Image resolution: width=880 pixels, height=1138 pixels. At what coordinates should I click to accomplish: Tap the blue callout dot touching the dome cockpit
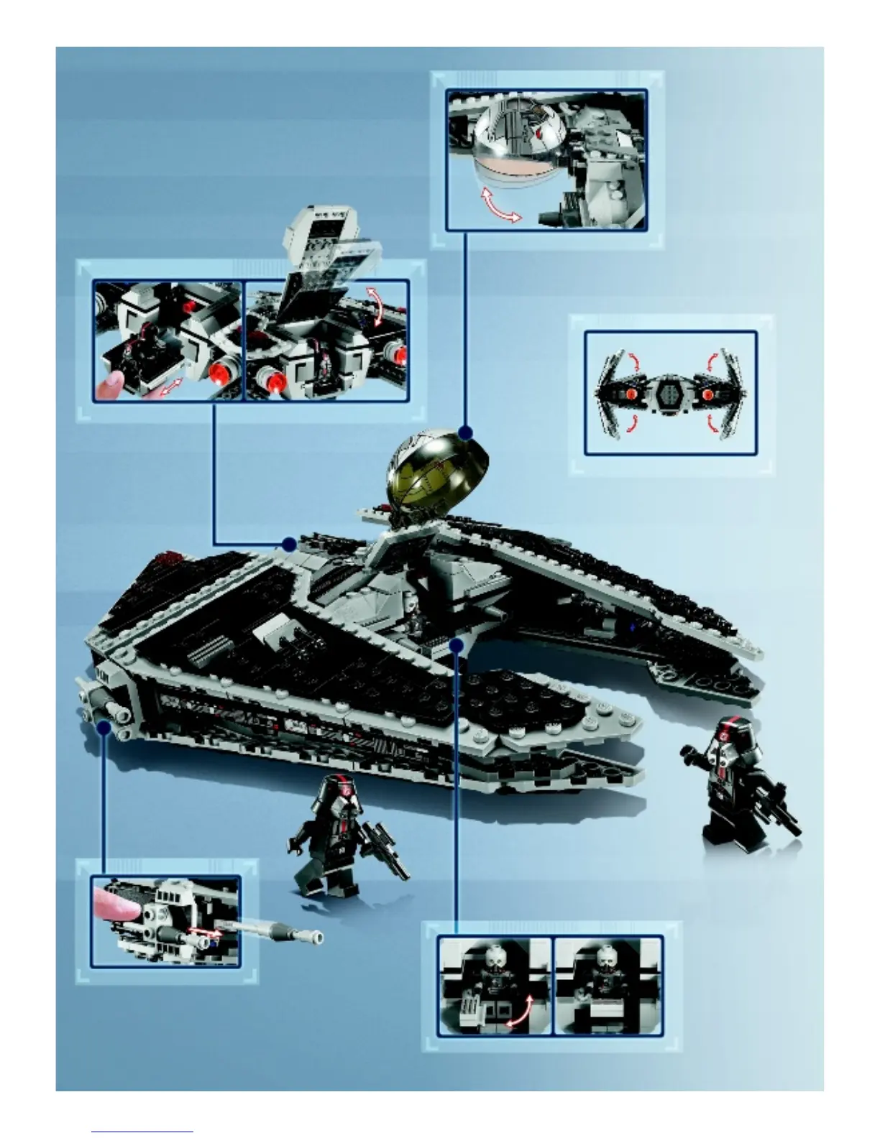(x=466, y=432)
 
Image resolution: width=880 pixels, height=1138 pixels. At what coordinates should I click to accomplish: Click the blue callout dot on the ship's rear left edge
(x=290, y=544)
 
